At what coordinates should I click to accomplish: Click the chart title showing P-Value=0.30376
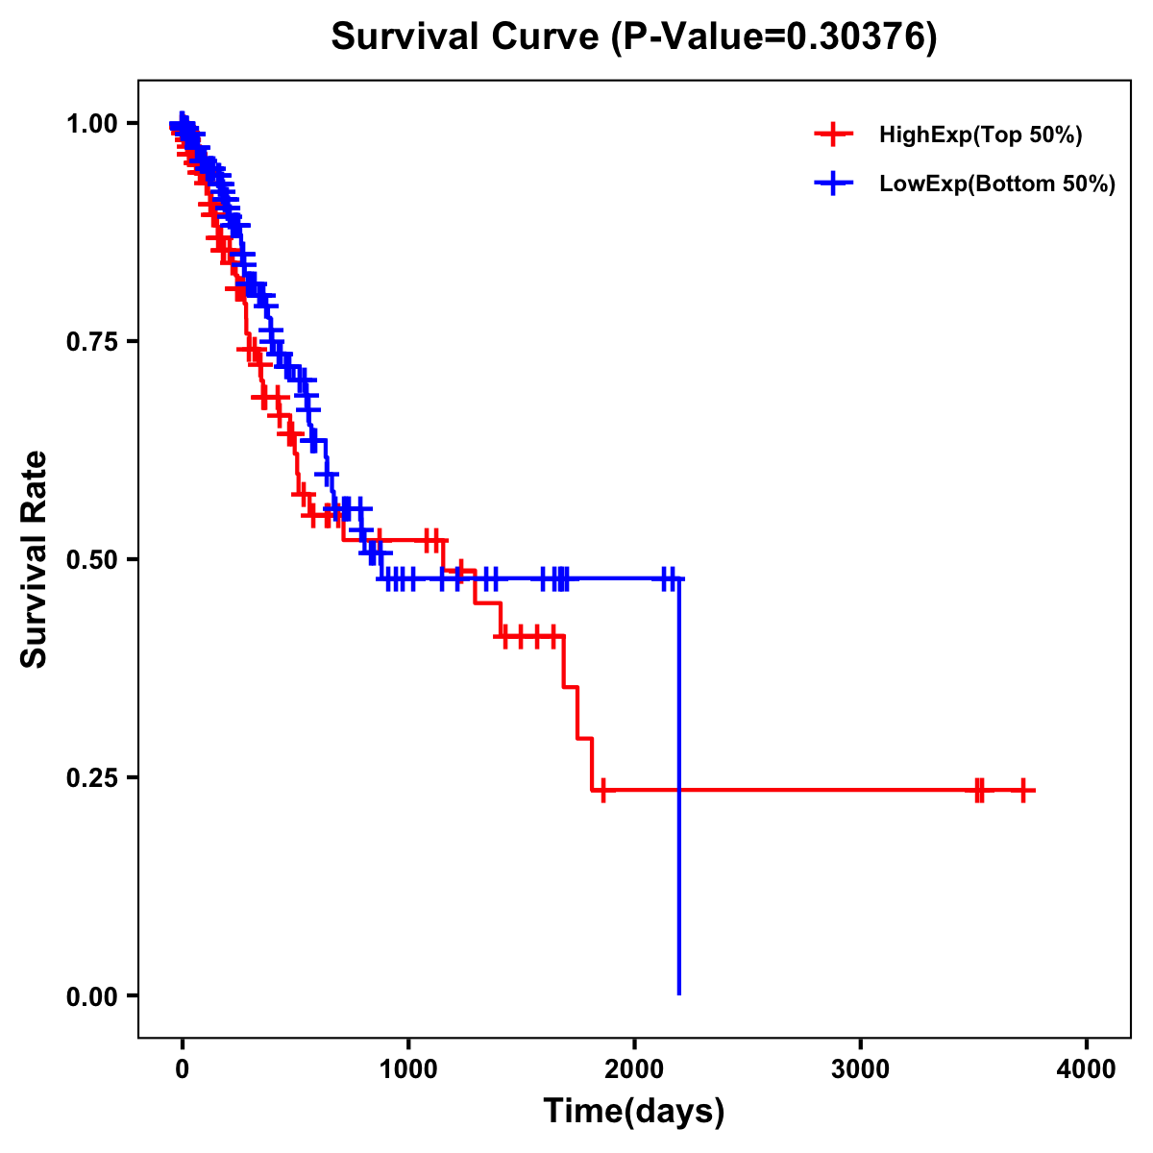633,37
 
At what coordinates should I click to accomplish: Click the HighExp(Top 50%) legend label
981,135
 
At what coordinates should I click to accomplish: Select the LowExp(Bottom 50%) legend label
997,184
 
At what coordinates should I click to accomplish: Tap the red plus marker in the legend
833,135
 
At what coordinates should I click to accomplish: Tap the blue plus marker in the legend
833,184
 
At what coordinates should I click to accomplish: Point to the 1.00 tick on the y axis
92,124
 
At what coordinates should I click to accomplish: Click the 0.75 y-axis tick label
92,342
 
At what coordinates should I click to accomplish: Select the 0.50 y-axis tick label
92,560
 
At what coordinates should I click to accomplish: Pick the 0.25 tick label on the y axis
92,778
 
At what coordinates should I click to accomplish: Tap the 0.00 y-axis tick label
92,996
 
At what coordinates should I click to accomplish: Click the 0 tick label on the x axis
182,1069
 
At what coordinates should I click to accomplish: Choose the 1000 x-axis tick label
408,1069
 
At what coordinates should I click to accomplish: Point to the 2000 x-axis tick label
634,1069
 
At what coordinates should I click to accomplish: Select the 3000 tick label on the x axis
860,1069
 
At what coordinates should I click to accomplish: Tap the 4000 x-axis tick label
1087,1069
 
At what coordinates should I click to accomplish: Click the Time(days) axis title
634,1112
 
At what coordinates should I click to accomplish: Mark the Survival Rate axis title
35,559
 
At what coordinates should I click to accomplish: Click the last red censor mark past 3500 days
1023,791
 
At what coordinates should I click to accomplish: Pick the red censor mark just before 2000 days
602,791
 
